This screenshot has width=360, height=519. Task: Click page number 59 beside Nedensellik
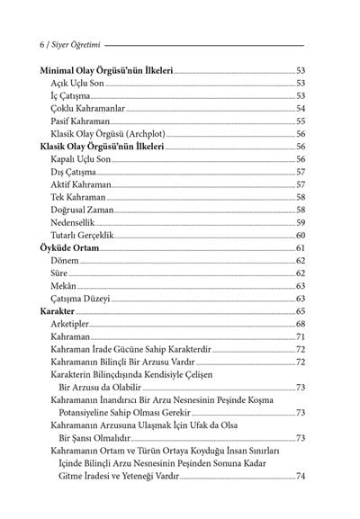coord(301,221)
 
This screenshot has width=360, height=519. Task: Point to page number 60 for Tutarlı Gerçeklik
coord(301,235)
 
